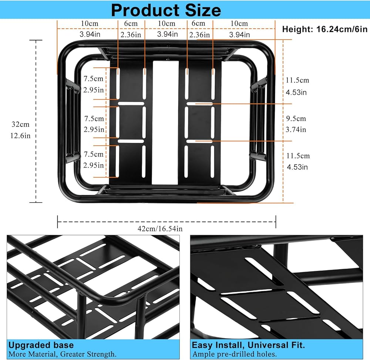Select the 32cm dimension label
pyautogui.click(x=20, y=124)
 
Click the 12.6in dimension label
pyautogui.click(x=21, y=135)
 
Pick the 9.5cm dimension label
pyautogui.click(x=297, y=119)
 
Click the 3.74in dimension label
pyautogui.click(x=297, y=129)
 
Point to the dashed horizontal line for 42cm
pyautogui.click(x=111, y=222)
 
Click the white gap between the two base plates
pyautogui.click(x=166, y=122)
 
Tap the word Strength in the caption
pyautogui.click(x=100, y=354)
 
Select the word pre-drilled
pyautogui.click(x=236, y=354)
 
